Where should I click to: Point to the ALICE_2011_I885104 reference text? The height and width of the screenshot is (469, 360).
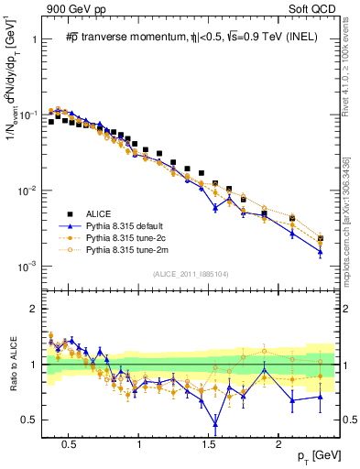pyautogui.click(x=191, y=273)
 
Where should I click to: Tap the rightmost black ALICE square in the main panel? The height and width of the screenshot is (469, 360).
pyautogui.click(x=320, y=239)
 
